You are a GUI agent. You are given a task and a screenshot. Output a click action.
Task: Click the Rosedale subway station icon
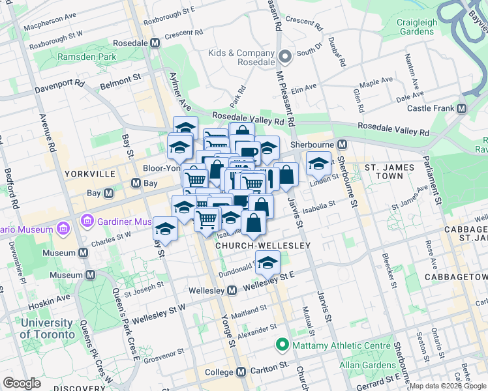[155, 43]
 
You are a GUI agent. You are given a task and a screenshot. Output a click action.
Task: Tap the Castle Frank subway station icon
[462, 108]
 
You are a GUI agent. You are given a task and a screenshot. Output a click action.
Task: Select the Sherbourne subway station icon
[341, 144]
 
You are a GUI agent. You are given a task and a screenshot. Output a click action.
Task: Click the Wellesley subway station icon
[232, 291]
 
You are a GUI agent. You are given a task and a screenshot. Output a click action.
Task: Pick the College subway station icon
[241, 372]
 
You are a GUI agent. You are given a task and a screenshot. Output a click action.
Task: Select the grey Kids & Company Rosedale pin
[284, 56]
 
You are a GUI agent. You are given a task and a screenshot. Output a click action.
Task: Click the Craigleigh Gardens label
[417, 27]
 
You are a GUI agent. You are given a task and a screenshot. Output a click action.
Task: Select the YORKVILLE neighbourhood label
[90, 174]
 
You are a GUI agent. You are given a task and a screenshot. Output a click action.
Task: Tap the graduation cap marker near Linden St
[318, 163]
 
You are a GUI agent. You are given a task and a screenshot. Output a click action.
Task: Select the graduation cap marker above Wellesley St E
[267, 263]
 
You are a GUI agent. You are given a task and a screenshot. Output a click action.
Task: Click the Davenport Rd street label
[60, 85]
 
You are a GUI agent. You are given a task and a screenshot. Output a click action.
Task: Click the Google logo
[22, 383]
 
